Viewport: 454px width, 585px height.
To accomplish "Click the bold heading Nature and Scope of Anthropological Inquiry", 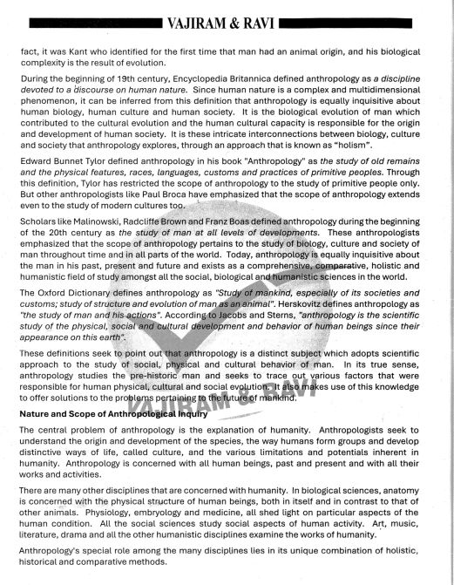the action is point(113,414).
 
